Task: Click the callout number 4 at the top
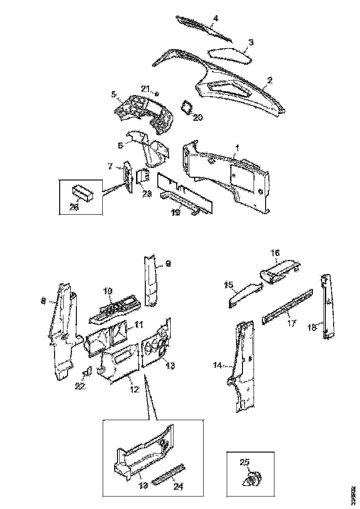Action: point(215,19)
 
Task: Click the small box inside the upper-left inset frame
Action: point(82,192)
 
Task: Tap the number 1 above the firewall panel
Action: point(237,147)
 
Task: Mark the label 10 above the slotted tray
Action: point(107,291)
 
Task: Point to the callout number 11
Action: point(139,324)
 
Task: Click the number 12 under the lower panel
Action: point(134,390)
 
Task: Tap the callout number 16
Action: point(275,253)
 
